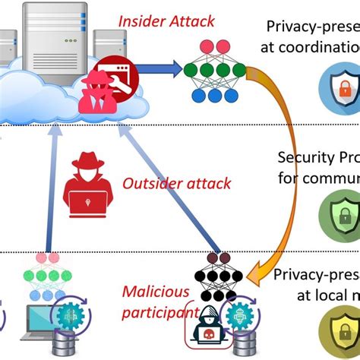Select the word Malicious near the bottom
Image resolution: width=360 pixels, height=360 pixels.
[x=150, y=292]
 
